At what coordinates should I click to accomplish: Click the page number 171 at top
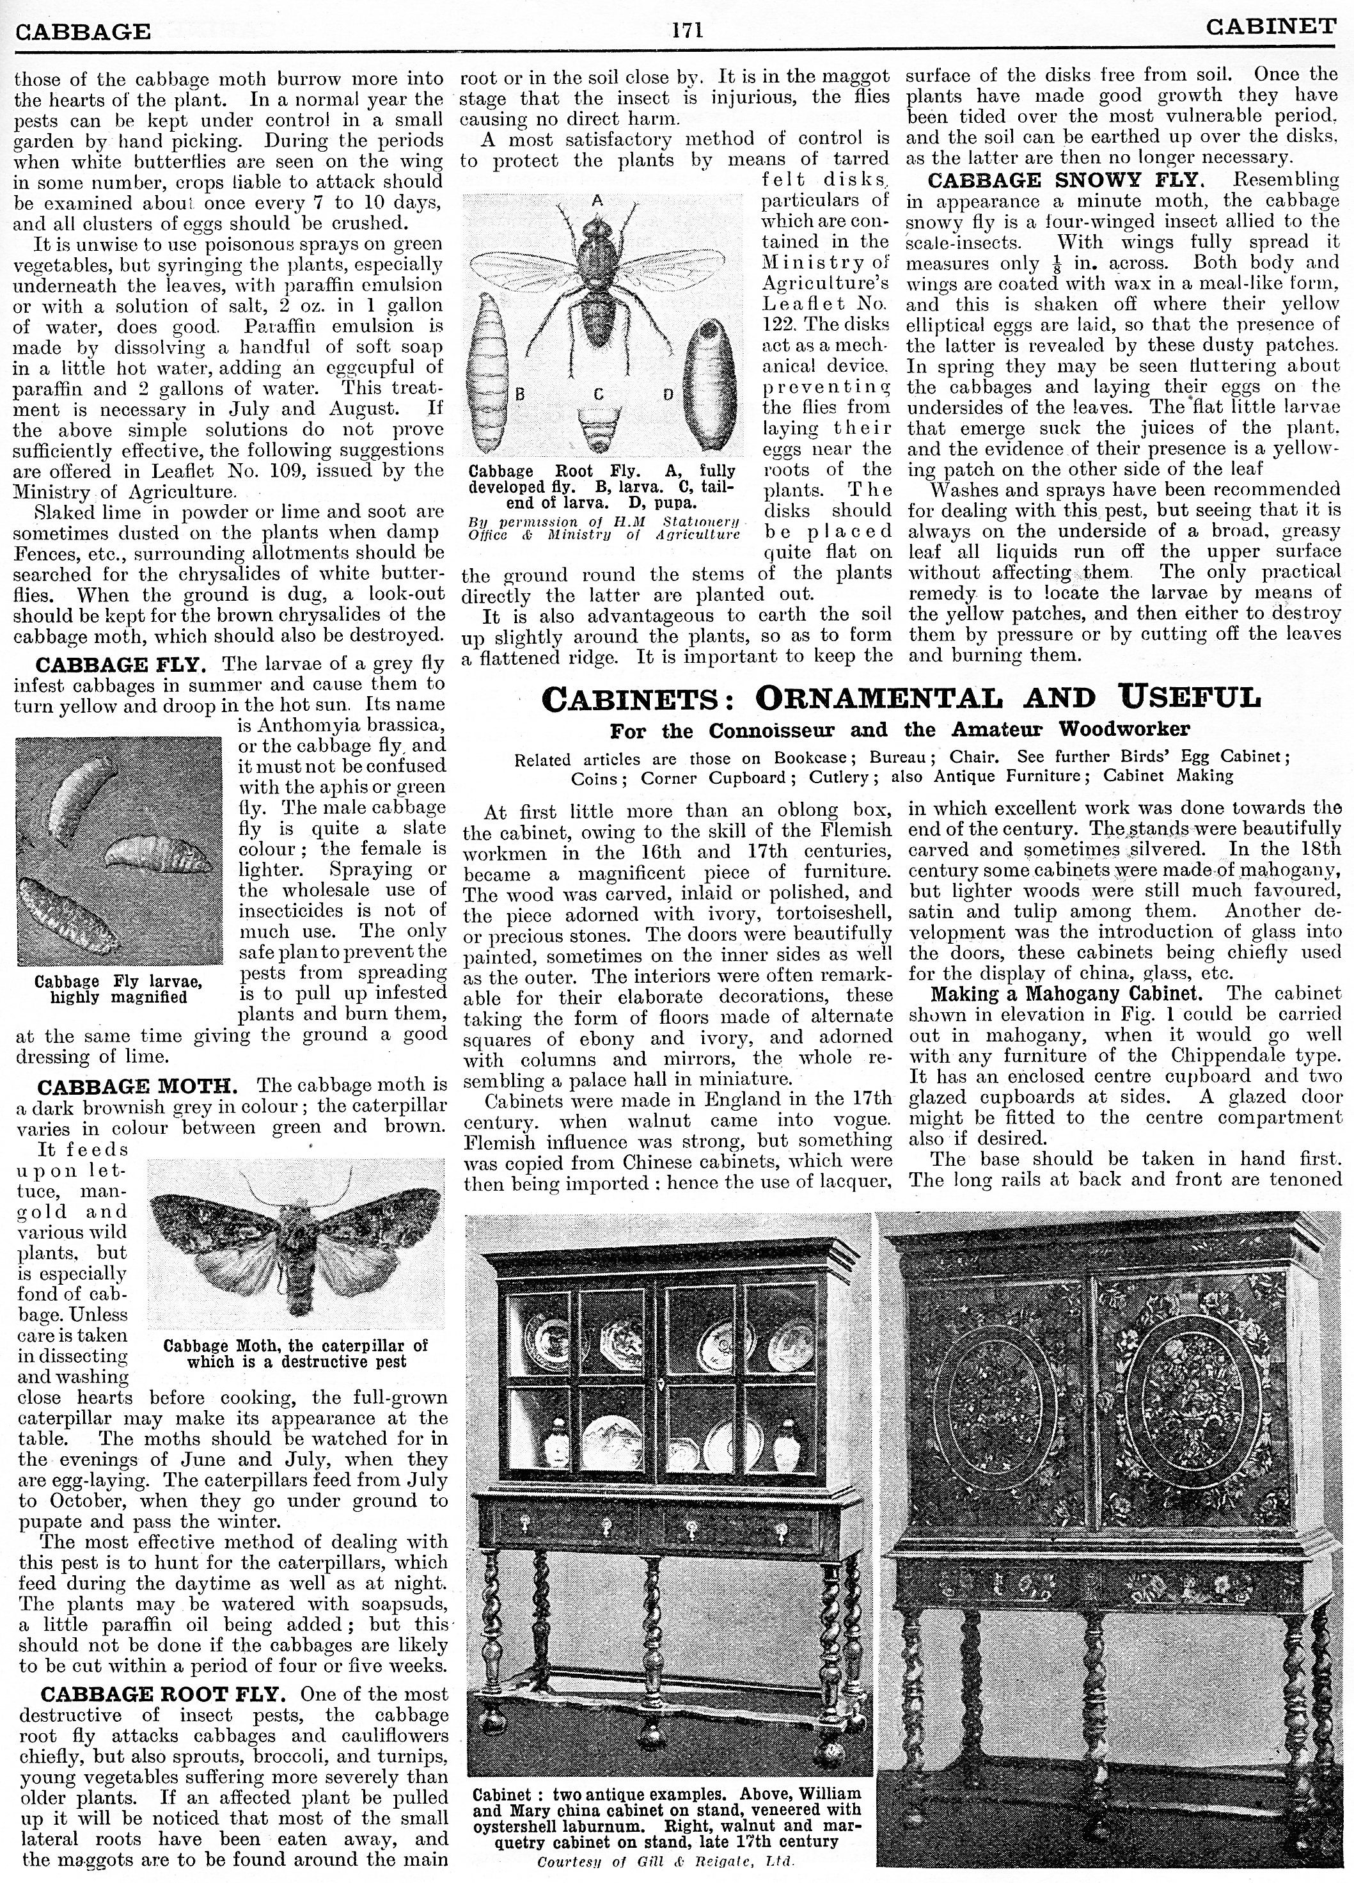tap(688, 31)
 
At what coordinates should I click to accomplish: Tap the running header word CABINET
tap(1271, 28)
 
